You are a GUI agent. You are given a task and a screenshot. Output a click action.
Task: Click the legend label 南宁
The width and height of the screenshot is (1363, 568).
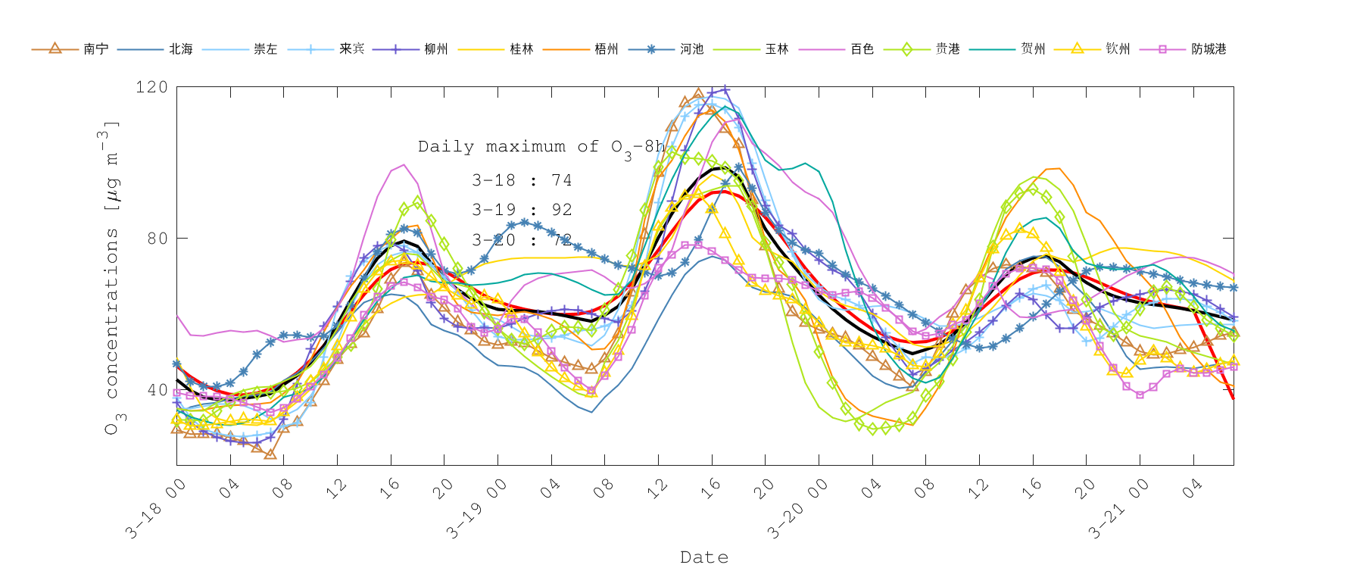95,48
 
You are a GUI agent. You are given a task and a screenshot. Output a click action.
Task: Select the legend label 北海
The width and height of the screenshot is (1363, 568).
180,48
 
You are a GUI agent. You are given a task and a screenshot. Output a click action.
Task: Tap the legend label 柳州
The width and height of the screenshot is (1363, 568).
435,48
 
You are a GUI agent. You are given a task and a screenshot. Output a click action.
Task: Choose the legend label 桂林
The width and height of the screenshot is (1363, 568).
521,48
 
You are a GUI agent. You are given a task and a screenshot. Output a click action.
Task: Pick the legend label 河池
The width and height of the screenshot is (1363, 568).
691,48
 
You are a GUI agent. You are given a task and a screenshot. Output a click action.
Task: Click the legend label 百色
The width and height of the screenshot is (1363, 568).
862,48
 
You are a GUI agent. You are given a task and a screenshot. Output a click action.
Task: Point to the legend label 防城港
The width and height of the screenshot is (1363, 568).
1209,48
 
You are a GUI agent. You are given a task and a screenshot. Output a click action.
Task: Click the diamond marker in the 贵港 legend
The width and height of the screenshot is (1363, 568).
906,48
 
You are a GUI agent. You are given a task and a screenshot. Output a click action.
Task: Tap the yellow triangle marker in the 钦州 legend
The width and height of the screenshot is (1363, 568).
1077,48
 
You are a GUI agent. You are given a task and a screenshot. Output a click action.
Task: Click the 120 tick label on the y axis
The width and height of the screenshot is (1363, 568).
151,87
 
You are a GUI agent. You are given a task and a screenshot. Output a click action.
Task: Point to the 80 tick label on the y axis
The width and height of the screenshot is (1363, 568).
156,239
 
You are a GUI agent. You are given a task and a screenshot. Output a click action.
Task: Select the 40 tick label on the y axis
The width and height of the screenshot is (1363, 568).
156,390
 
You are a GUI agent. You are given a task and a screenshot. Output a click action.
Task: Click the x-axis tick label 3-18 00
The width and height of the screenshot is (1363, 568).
155,509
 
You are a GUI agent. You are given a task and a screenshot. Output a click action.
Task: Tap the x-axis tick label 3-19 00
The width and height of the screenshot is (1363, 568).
476,509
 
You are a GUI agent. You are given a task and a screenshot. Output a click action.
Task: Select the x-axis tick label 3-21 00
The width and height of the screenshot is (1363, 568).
1118,509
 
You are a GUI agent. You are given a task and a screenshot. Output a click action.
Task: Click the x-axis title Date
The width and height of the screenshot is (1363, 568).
704,557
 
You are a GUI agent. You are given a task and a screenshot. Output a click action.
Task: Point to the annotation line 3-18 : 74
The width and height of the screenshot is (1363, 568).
522,180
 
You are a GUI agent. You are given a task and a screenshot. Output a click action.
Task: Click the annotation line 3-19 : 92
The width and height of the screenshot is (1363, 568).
522,210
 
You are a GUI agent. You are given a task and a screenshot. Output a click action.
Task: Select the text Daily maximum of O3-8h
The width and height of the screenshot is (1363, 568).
541,147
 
